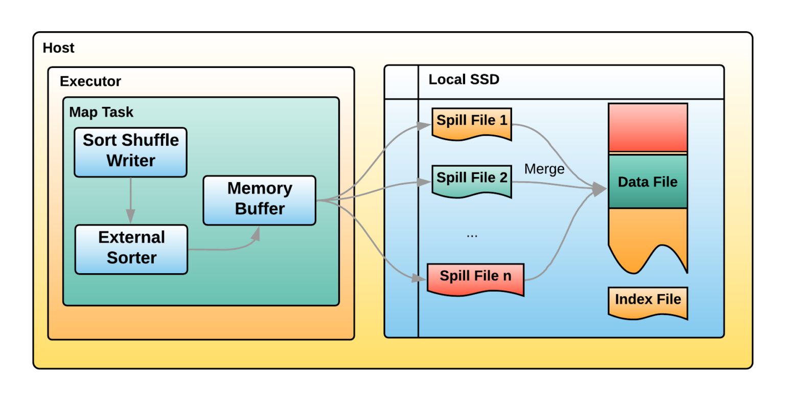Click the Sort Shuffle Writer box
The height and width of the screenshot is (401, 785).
(x=130, y=152)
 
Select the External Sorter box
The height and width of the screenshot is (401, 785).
(x=131, y=249)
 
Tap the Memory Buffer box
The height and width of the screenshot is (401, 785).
(x=259, y=200)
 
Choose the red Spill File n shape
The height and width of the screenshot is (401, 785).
(x=475, y=278)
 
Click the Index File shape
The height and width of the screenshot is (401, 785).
(x=648, y=302)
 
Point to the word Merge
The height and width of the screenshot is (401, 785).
(x=544, y=169)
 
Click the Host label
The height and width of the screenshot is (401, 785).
(x=58, y=48)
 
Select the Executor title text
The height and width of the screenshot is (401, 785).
(x=90, y=81)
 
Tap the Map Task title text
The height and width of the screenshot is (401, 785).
(x=101, y=112)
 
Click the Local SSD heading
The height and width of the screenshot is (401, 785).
(x=464, y=80)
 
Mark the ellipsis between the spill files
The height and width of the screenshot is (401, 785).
(x=472, y=235)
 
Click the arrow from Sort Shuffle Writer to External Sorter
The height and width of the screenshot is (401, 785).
(x=130, y=201)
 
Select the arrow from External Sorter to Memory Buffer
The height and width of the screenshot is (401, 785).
(x=225, y=248)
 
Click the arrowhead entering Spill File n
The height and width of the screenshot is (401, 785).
(x=420, y=278)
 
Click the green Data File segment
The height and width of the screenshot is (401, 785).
(x=648, y=182)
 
